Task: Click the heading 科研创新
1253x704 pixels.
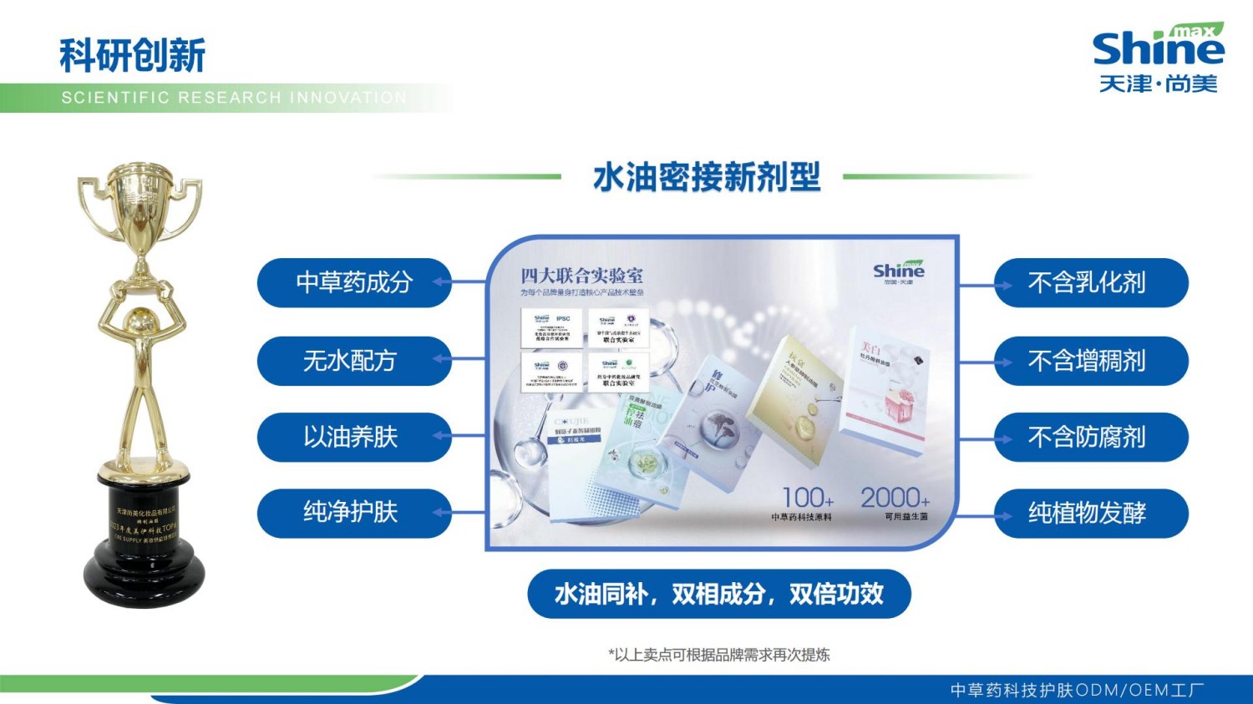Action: tap(132, 56)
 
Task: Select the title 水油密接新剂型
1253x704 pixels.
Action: tap(707, 177)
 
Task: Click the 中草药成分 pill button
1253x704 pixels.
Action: tap(354, 283)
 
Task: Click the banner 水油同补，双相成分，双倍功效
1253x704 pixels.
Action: tap(718, 594)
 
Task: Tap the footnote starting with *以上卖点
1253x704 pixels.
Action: tap(718, 655)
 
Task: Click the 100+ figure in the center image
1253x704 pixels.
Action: tap(807, 498)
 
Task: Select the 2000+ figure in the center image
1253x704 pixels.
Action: tap(895, 498)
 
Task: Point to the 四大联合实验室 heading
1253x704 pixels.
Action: tap(581, 276)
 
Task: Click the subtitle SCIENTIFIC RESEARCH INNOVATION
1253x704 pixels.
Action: tap(234, 98)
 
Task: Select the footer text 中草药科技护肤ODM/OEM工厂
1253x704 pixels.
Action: tap(1077, 691)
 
